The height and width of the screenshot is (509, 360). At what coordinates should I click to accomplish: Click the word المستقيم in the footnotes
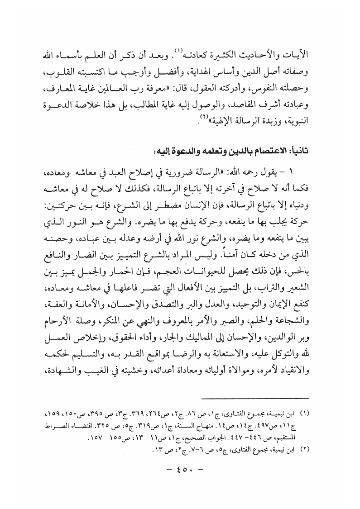[x=308, y=439]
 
